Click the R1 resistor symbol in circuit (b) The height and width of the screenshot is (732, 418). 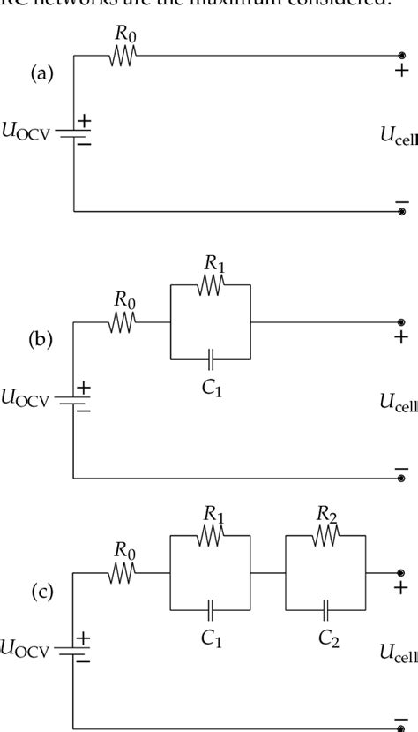click(x=210, y=285)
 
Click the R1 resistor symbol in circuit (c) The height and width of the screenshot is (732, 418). click(x=210, y=536)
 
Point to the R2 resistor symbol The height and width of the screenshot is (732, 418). click(x=325, y=536)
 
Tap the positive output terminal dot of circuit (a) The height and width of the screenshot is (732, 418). click(x=402, y=56)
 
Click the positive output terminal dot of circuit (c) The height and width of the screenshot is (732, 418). click(x=402, y=573)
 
